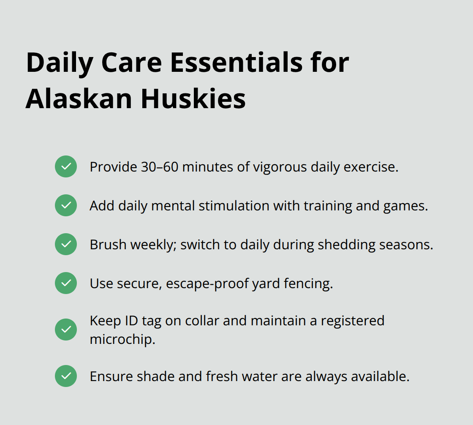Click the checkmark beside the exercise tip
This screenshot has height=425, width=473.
pos(66,166)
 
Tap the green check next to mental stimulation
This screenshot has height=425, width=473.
pos(66,205)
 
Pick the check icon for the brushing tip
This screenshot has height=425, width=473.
pos(66,244)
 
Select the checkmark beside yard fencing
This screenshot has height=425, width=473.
pos(66,283)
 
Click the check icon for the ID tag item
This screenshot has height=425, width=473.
pos(66,330)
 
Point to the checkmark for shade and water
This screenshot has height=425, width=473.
pos(66,376)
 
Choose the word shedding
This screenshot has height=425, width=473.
pos(353,245)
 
